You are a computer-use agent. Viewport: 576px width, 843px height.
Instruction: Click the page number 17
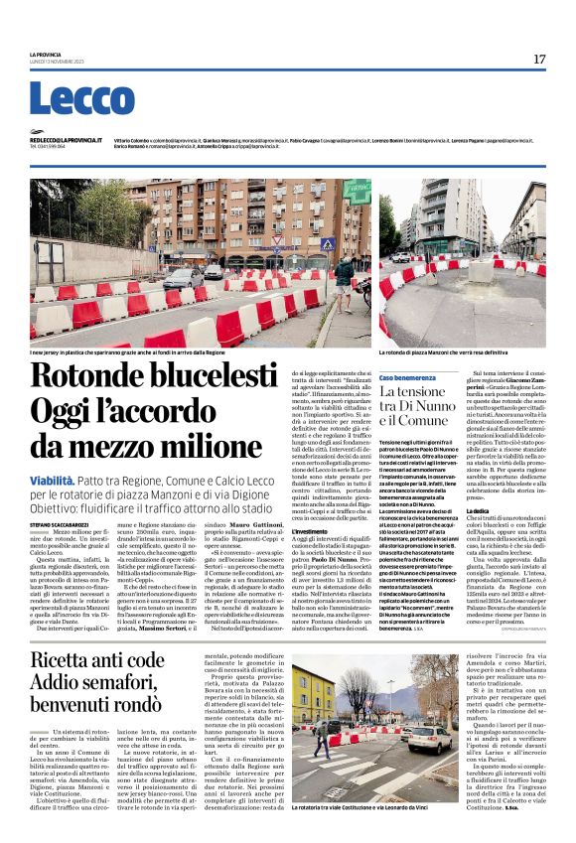point(539,60)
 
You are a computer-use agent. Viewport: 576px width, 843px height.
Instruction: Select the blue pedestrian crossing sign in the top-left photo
point(328,243)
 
